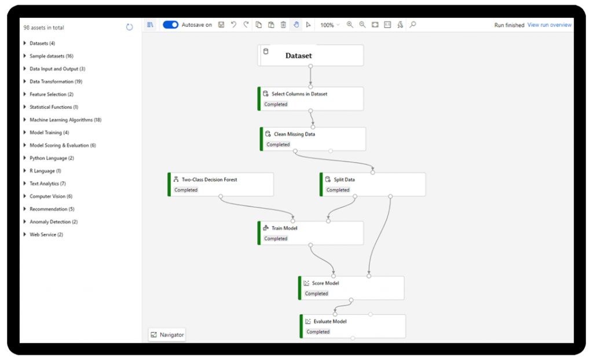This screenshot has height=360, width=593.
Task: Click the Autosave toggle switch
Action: point(170,25)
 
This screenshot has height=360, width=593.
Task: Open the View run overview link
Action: point(549,25)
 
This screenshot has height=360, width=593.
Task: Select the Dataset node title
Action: point(298,56)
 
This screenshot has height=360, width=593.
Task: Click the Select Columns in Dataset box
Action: point(299,94)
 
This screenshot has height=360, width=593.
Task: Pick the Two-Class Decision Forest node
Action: point(209,179)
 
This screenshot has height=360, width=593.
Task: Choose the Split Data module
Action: point(345,179)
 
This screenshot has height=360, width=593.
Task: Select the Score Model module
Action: point(325,283)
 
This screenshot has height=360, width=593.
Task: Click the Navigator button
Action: point(167,335)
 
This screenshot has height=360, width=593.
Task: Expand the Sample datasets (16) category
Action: point(51,56)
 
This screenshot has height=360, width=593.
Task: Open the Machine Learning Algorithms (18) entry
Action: point(65,120)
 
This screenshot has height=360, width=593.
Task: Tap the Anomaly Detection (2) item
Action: point(53,222)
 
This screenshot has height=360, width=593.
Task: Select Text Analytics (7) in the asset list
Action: point(47,183)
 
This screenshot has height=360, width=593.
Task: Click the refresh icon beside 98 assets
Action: point(129,27)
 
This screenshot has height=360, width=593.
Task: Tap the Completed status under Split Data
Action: point(338,190)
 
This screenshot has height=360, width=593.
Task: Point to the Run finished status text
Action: point(509,25)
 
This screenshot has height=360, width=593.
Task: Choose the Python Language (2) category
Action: point(52,158)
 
